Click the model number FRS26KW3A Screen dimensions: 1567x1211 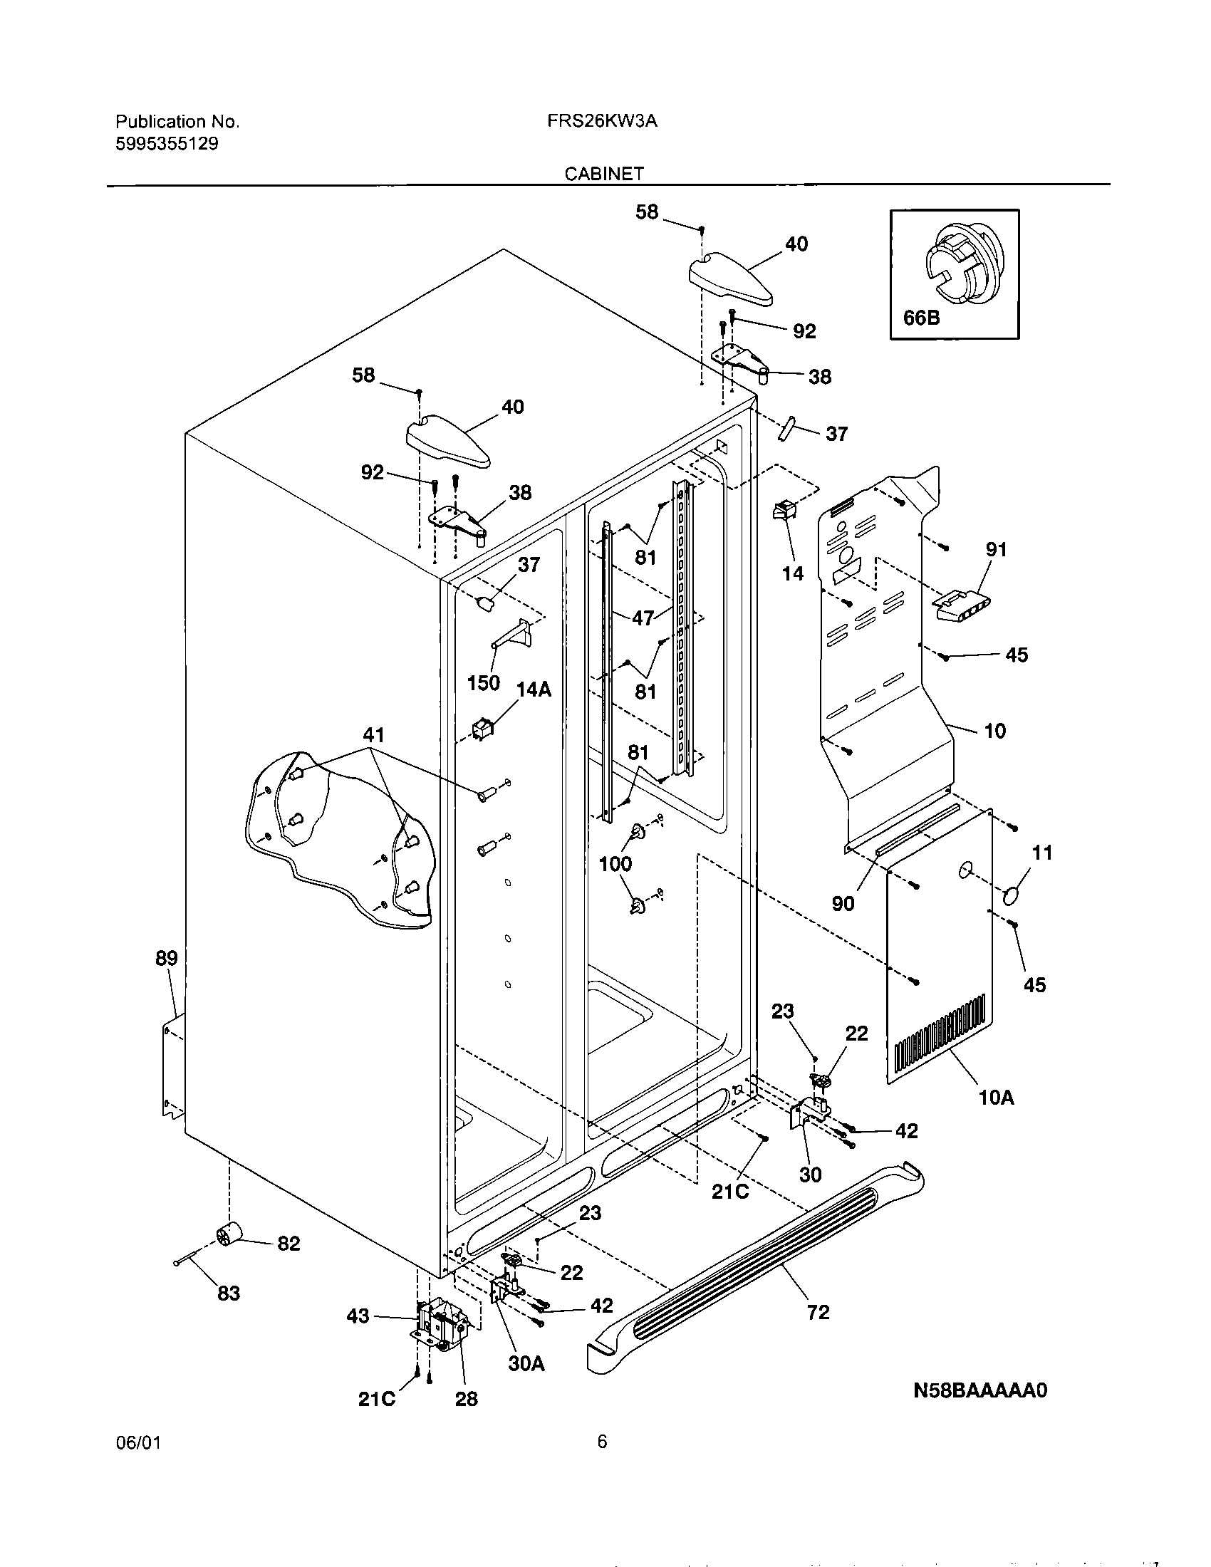pos(602,121)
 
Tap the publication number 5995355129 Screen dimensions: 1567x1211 pos(167,143)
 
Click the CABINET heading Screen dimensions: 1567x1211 pos(604,174)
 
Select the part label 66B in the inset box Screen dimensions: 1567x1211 pos(921,317)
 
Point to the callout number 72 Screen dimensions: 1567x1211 pos(818,1312)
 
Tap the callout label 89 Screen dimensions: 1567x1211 pos(167,958)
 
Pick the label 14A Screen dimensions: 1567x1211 pos(534,689)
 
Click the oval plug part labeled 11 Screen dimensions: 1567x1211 pos(1012,896)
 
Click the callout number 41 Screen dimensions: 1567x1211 pos(373,735)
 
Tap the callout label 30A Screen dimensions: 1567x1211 pos(526,1364)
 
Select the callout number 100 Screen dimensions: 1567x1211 pos(615,864)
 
